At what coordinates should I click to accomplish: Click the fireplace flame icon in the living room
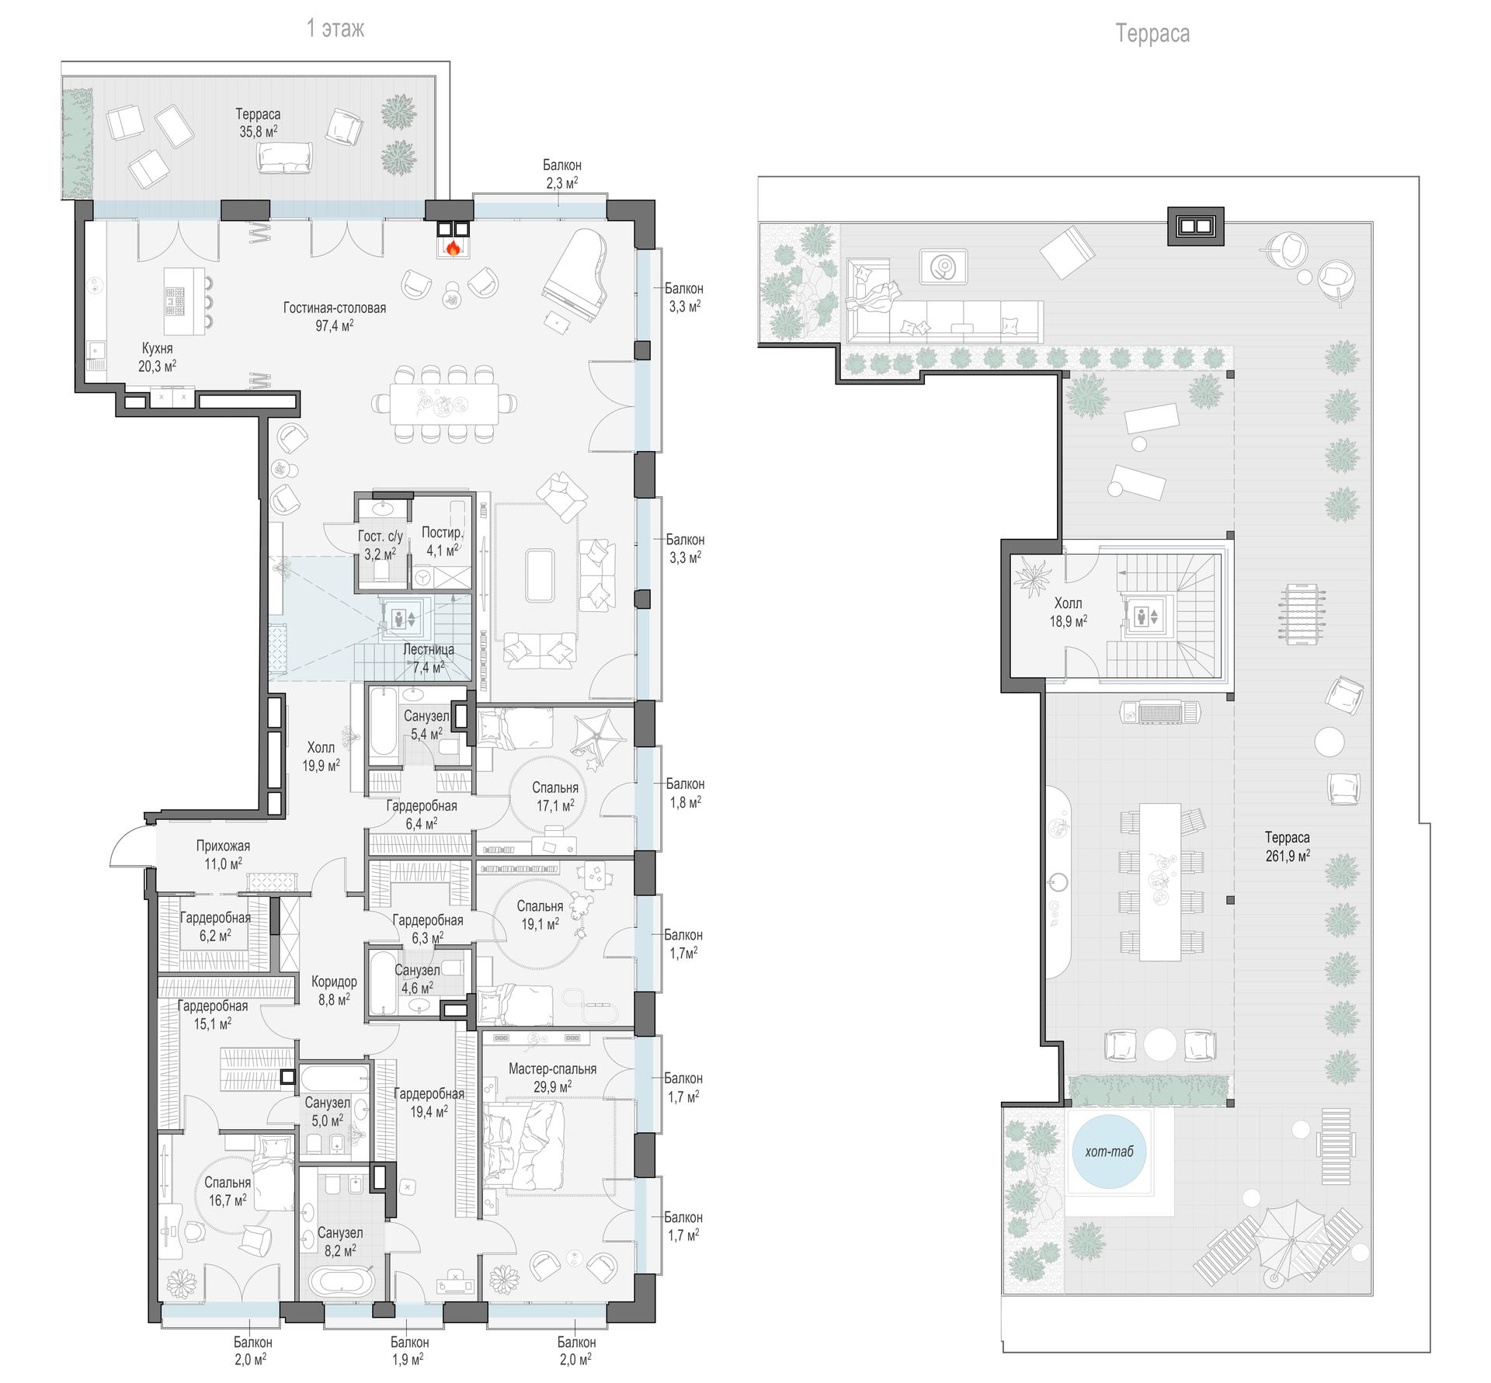point(453,248)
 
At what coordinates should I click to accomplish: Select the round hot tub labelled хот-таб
point(1109,1150)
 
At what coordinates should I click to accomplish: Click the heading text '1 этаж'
point(335,29)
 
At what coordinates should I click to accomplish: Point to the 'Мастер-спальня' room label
point(552,1069)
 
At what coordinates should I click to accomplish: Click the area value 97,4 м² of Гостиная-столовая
point(334,325)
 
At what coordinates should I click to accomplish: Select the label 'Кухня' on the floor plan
point(157,348)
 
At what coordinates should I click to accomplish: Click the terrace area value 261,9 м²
point(1287,856)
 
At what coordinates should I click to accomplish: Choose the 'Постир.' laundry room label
point(443,532)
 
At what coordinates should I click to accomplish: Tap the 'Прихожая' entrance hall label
point(223,846)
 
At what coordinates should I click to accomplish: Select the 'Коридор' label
point(334,982)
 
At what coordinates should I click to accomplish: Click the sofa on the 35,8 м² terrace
point(285,158)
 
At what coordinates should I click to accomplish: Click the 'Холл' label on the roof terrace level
point(1068,603)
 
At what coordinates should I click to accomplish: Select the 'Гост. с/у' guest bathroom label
point(381,536)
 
